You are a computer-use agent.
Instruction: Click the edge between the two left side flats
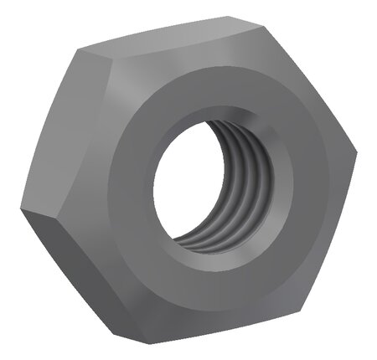[x=34, y=209]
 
